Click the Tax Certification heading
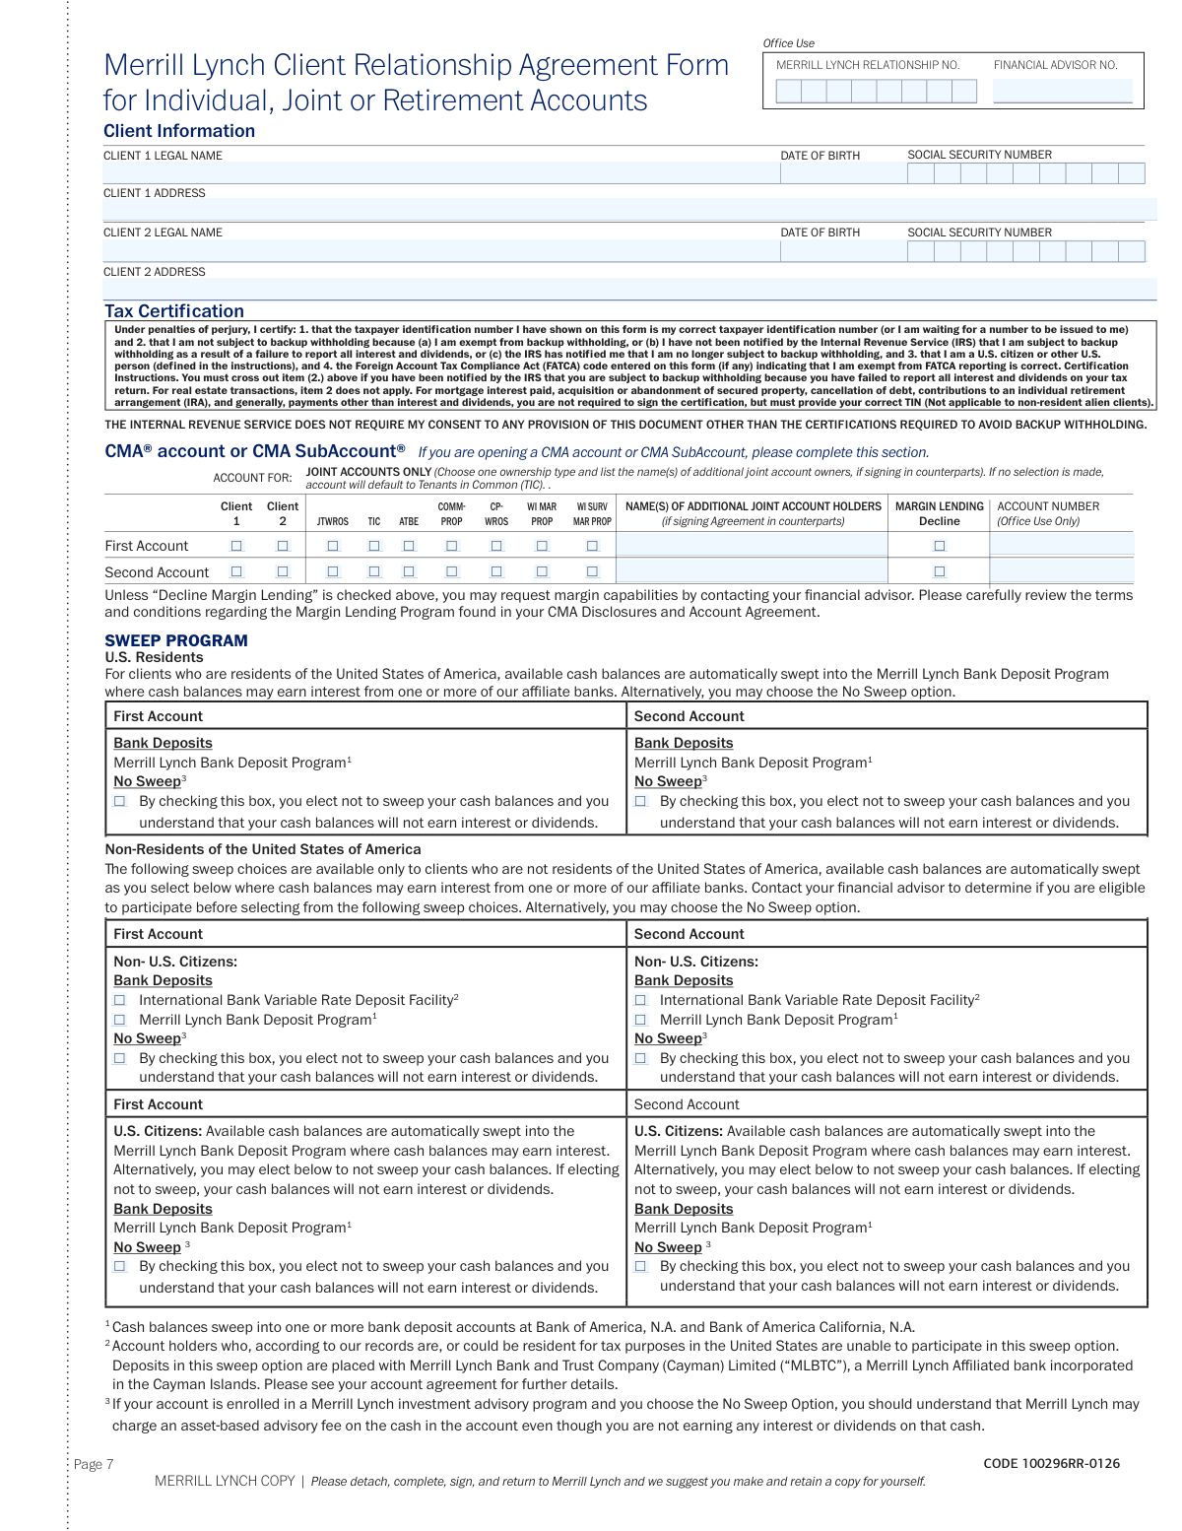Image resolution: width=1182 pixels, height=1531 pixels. coord(174,311)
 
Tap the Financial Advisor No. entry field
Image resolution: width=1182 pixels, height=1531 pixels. coord(1062,92)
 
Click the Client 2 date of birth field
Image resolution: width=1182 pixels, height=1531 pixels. coord(841,251)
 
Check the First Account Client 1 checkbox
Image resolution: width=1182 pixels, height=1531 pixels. coord(236,546)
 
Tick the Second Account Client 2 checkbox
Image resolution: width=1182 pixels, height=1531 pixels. coord(283,571)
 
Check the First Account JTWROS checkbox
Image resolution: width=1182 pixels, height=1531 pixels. coord(333,546)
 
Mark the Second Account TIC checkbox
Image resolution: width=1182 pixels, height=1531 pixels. coord(374,571)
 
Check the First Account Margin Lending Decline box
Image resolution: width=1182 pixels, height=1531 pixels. coord(940,546)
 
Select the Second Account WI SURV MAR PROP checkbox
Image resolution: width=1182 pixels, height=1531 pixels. coord(592,571)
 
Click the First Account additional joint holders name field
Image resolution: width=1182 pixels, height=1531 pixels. coord(753,546)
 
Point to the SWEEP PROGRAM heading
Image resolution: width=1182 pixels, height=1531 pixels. coord(176,640)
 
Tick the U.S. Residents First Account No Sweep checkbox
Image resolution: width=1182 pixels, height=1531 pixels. coord(120,802)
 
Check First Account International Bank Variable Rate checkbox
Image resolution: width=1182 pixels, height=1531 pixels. coord(120,1000)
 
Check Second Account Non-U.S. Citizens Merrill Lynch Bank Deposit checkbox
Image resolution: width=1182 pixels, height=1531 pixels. coord(641,1020)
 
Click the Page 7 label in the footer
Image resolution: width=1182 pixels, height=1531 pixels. coord(94,1464)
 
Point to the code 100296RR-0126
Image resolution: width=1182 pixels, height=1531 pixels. coord(1051,1463)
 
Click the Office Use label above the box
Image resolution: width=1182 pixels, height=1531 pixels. coord(788,43)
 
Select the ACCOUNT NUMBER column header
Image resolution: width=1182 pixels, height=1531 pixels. coord(1048,506)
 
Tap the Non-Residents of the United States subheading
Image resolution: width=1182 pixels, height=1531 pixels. coord(263,849)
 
